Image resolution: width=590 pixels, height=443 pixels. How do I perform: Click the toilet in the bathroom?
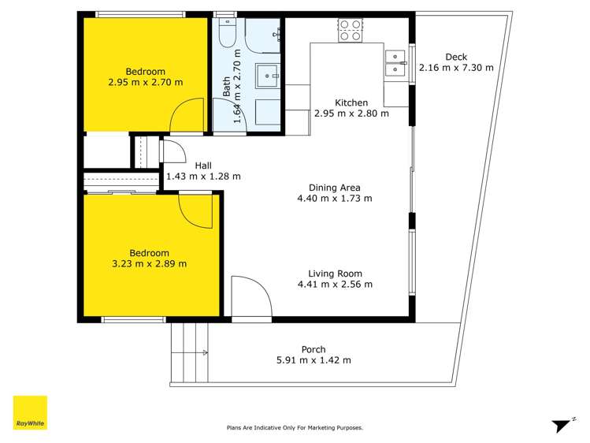[226, 34]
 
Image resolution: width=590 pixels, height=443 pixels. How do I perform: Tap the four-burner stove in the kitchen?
[350, 31]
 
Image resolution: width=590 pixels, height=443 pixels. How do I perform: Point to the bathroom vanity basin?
[271, 75]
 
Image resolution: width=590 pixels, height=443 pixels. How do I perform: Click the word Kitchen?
[351, 102]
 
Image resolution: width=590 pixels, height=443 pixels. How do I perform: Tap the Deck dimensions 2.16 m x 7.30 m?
[456, 68]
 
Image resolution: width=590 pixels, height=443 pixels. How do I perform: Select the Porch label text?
[314, 349]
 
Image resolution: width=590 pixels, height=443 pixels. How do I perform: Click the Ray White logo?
[30, 412]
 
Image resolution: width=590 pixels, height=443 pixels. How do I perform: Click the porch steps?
[189, 352]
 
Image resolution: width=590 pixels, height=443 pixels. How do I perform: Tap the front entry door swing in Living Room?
[250, 297]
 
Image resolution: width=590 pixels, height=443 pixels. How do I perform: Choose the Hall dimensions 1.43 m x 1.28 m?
[203, 177]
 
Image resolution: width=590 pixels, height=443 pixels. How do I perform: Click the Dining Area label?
[335, 188]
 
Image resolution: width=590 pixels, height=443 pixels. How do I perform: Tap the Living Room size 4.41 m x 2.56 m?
[335, 285]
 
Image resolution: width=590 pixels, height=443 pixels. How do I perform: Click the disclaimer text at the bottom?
[295, 427]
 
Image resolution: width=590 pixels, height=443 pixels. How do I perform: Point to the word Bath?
[227, 85]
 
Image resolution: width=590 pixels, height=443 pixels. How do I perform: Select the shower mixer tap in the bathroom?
[277, 32]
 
